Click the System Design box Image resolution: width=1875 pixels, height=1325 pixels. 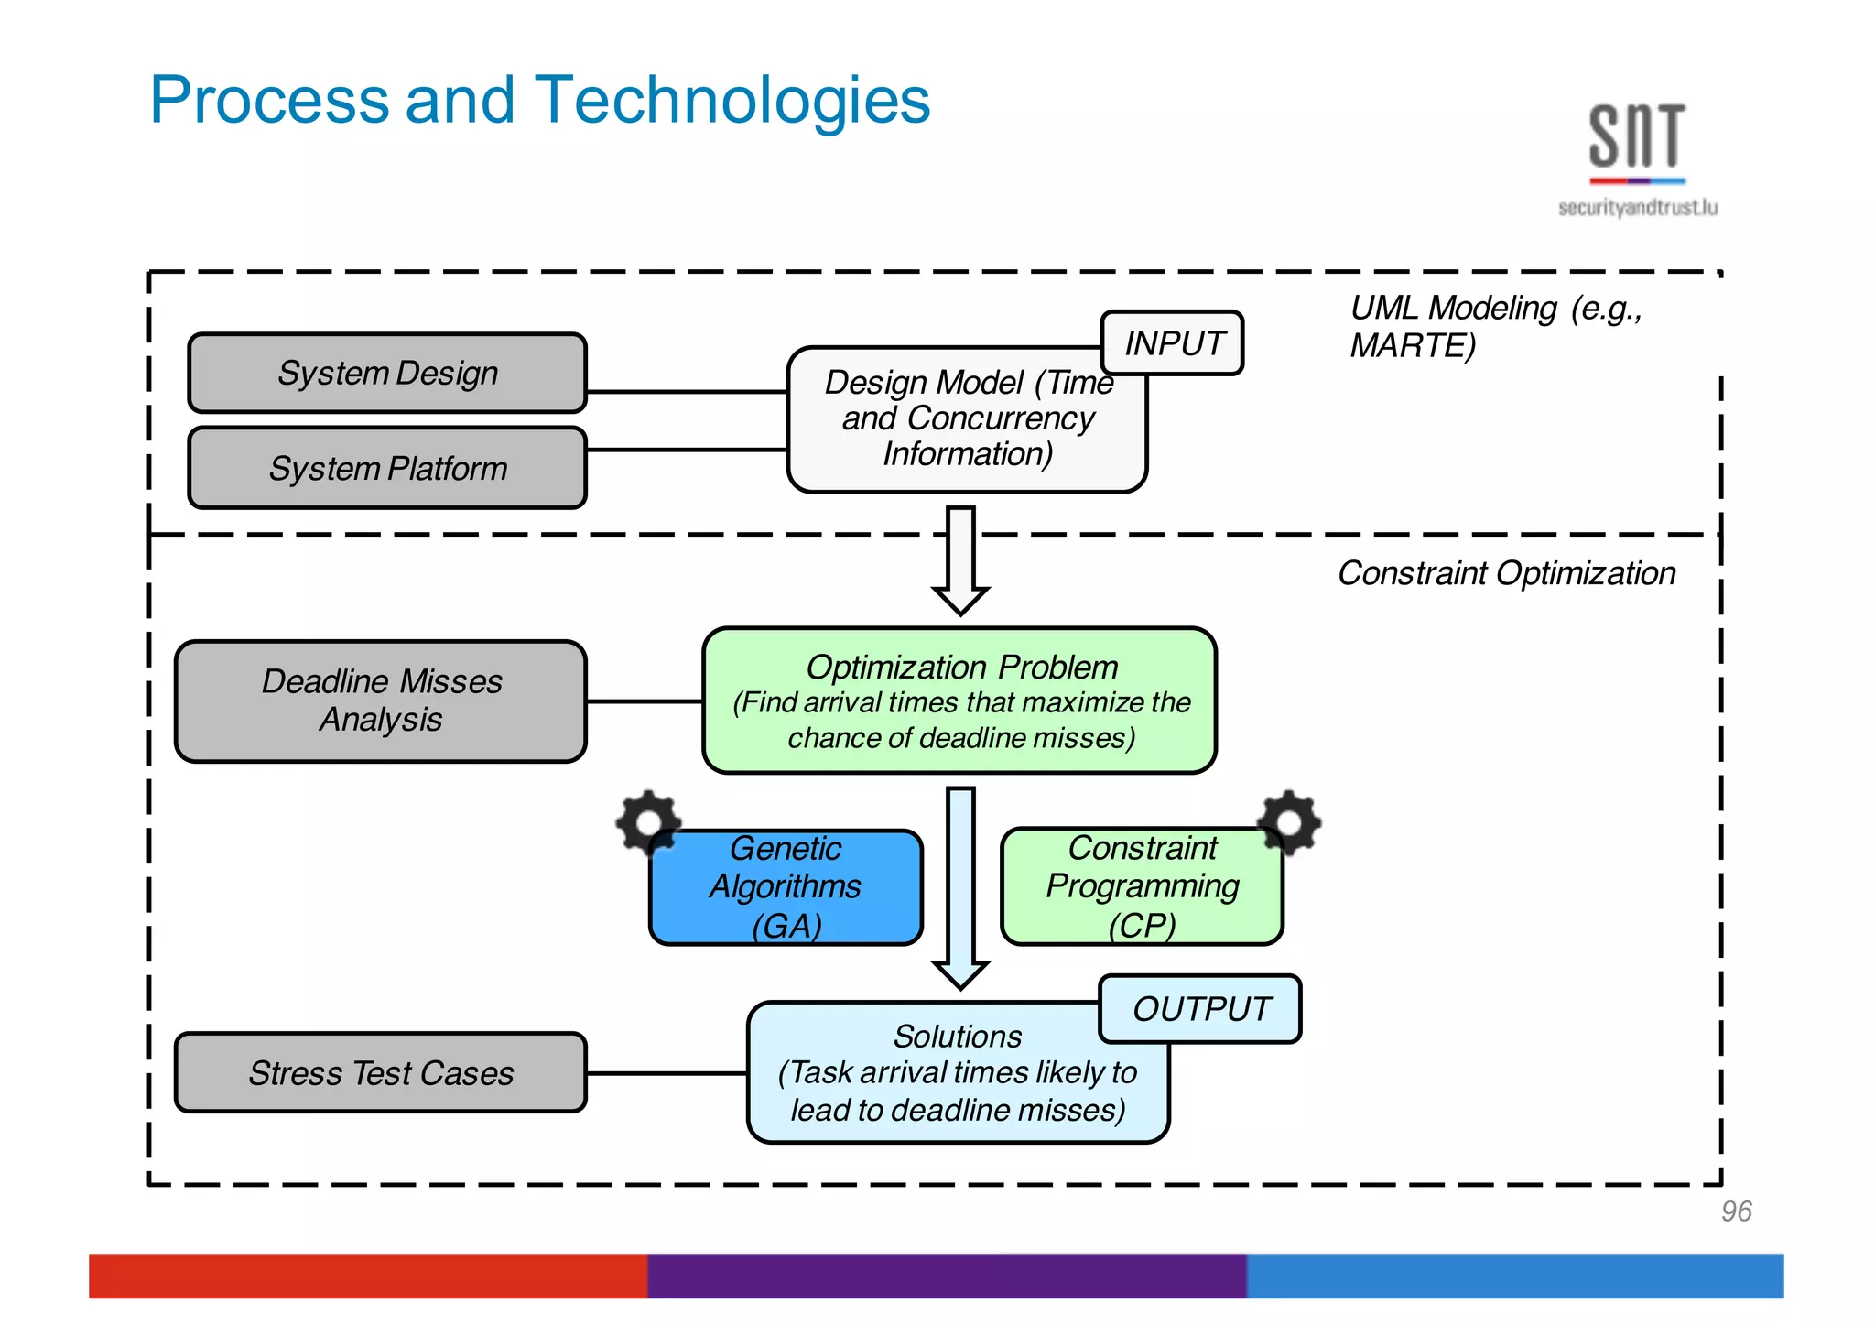[x=386, y=373]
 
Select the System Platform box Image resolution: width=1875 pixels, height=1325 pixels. [x=386, y=468]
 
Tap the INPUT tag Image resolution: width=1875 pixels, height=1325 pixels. [x=1172, y=343]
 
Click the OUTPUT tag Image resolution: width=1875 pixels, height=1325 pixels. [x=1200, y=1009]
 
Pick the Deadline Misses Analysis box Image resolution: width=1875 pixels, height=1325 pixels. [x=381, y=701]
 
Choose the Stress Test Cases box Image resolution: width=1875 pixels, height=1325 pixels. [x=381, y=1072]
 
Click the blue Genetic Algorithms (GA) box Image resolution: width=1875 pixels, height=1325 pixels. [x=786, y=887]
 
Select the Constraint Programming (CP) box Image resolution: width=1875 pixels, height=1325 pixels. [x=1142, y=887]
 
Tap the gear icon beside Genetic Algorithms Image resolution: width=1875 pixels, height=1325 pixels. [x=647, y=821]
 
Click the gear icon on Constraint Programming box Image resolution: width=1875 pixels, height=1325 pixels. [x=1289, y=821]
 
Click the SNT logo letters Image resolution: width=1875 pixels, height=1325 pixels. [x=1636, y=136]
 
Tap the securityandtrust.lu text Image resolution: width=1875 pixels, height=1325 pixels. [x=1637, y=208]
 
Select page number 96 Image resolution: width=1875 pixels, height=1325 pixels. [x=1736, y=1211]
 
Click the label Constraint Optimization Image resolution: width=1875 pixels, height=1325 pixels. [x=1506, y=573]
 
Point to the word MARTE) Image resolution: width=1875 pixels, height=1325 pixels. [x=1413, y=346]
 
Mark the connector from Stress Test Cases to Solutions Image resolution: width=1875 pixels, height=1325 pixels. [x=667, y=1073]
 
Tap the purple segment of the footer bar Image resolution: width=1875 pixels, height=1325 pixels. [x=947, y=1276]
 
